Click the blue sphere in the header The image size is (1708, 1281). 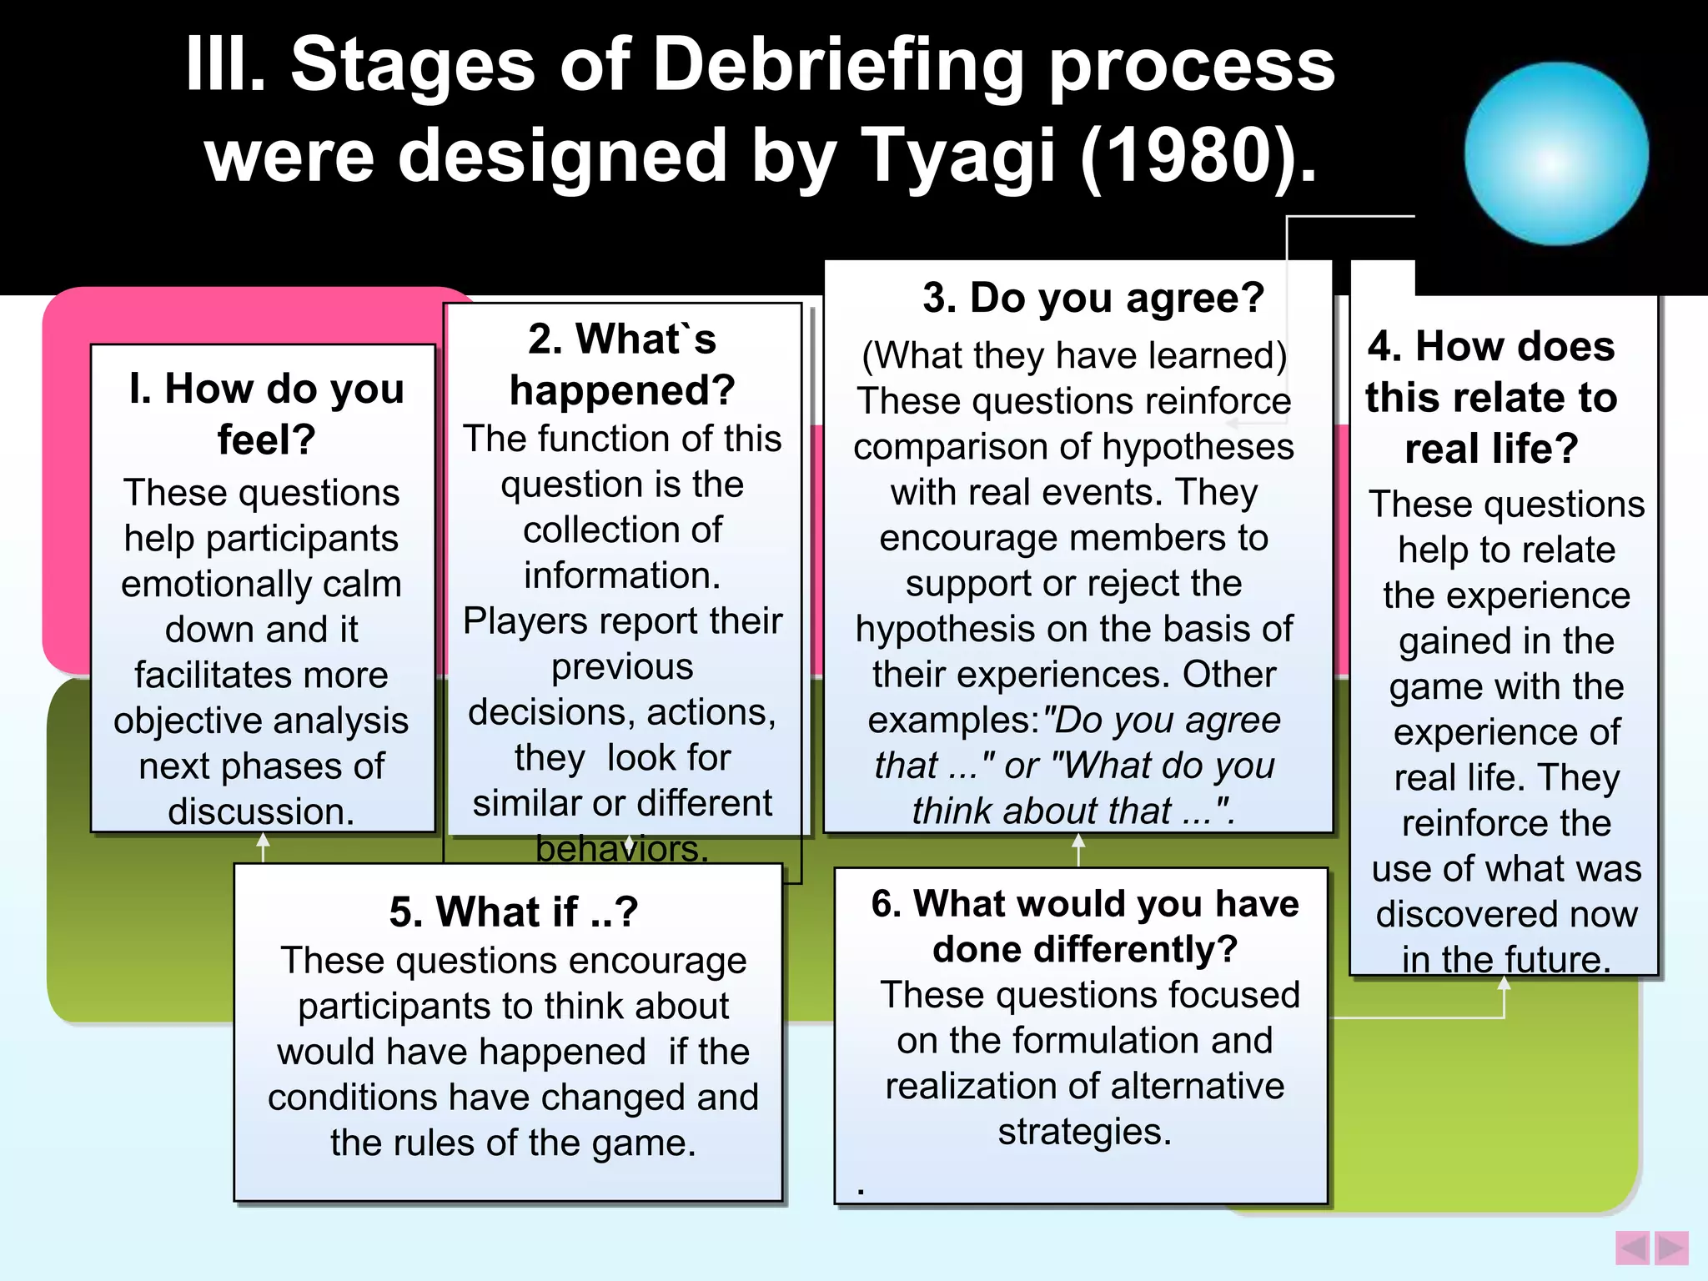point(1556,153)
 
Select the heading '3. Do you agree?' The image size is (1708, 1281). point(1093,298)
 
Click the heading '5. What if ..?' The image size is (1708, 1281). point(514,912)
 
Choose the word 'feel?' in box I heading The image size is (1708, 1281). point(266,440)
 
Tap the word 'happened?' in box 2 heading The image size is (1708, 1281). point(622,390)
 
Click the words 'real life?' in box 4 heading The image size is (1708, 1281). point(1491,449)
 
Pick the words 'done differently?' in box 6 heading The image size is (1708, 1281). point(1085,949)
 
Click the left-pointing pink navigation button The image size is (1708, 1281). point(1632,1248)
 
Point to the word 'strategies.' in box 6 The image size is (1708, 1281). point(1085,1132)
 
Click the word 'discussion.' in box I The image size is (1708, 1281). point(261,811)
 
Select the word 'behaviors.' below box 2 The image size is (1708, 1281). point(622,849)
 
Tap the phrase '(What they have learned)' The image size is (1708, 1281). point(1074,355)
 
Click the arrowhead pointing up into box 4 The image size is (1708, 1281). point(1504,984)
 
